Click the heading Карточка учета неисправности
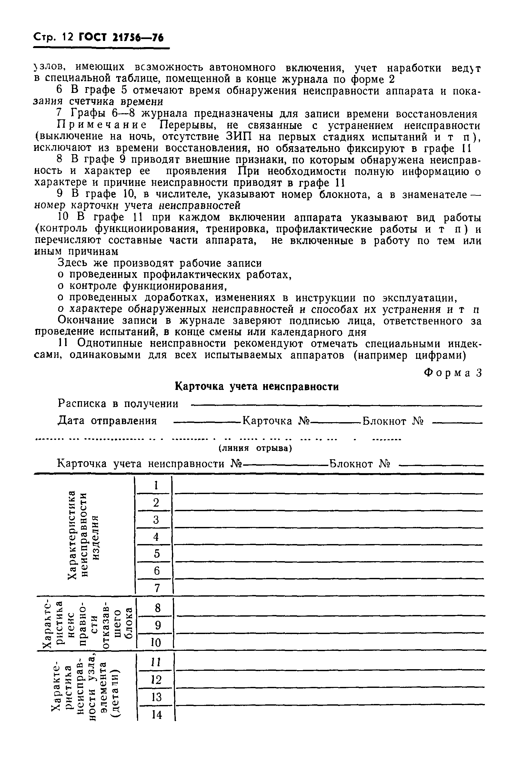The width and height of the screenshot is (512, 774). [257, 387]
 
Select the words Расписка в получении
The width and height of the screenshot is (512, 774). [118, 404]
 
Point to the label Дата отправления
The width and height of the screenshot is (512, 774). [107, 421]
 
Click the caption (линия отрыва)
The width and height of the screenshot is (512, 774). [255, 448]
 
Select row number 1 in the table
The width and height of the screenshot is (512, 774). [156, 485]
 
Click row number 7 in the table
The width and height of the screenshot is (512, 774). [157, 588]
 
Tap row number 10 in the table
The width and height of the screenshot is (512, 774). [156, 643]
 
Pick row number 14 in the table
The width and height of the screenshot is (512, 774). [157, 715]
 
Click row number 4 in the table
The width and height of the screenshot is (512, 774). [156, 537]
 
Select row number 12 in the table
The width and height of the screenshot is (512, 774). [156, 680]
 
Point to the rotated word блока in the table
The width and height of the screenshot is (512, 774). [129, 623]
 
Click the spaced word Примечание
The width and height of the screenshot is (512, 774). [102, 125]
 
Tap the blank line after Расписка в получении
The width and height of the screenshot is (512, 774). [336, 406]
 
